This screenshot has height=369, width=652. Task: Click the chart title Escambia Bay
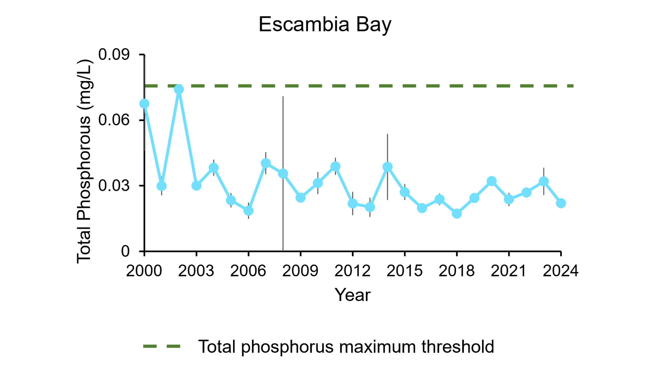[325, 25]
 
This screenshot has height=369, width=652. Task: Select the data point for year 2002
[179, 89]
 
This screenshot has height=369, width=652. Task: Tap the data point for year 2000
[144, 104]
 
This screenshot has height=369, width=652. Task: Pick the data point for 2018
[457, 214]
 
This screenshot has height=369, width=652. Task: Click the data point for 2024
[561, 203]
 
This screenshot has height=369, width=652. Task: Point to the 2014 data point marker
[387, 167]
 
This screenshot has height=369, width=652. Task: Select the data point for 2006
[248, 211]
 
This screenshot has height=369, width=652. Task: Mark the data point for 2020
[492, 181]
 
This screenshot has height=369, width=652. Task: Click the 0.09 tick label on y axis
[114, 54]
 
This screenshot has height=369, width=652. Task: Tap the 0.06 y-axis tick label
[114, 120]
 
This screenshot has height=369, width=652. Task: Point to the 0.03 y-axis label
[114, 185]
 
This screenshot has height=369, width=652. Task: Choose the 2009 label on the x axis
[300, 271]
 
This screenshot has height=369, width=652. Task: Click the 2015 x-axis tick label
[404, 271]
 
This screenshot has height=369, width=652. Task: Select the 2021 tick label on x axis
[508, 271]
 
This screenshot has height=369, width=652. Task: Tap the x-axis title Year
[352, 295]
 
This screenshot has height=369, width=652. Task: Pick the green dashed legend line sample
[162, 346]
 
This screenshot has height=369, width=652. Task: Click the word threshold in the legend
[458, 347]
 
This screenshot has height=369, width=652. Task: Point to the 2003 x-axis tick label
[196, 271]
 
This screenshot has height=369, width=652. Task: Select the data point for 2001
[161, 186]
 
